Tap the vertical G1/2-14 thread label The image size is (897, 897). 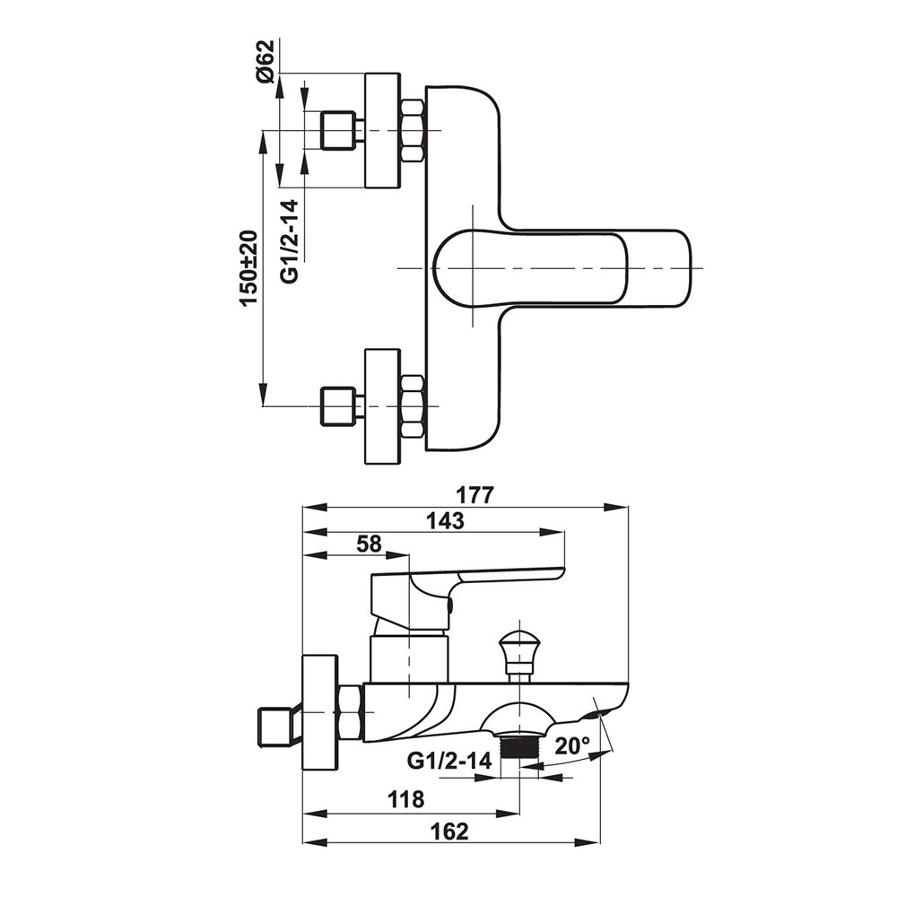(x=290, y=241)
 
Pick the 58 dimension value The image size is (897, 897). (x=368, y=543)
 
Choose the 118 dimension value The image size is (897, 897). (x=406, y=799)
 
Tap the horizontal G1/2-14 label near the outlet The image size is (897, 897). (x=449, y=761)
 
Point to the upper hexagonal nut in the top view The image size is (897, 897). (x=412, y=131)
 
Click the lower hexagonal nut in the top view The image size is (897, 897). (x=412, y=405)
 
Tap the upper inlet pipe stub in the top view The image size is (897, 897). (x=339, y=131)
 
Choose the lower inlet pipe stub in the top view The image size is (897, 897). (x=339, y=405)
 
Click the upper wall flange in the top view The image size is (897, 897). (x=381, y=131)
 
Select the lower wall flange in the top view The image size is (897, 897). (x=381, y=405)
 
